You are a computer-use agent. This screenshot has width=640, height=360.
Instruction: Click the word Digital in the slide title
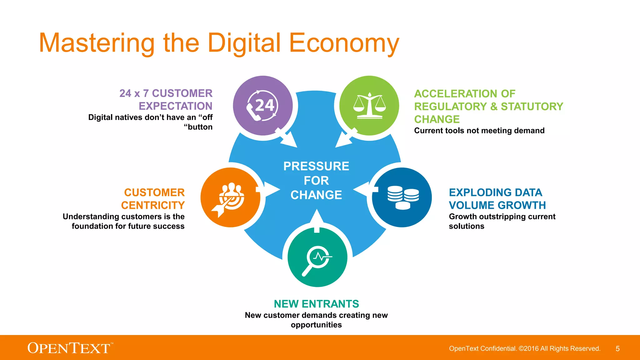click(x=244, y=43)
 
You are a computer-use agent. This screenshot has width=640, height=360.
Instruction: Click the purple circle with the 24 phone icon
click(x=262, y=106)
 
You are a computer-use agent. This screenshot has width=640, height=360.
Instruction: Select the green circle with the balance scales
click(x=369, y=106)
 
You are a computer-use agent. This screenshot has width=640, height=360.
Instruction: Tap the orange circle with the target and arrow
click(x=230, y=197)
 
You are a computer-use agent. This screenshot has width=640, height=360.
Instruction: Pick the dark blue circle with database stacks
click(x=402, y=197)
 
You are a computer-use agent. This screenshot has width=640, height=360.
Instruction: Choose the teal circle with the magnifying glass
click(x=317, y=257)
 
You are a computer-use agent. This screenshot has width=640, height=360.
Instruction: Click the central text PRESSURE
click(x=316, y=166)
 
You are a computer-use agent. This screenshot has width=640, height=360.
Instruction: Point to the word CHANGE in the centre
click(x=316, y=195)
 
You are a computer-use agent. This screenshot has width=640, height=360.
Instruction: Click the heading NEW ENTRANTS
click(x=316, y=304)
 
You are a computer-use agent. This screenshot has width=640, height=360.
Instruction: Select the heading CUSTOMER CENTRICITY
click(x=153, y=199)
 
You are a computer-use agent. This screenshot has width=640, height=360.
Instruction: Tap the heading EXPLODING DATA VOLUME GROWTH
click(x=497, y=199)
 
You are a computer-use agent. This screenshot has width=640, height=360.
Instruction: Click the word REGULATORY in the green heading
click(x=450, y=107)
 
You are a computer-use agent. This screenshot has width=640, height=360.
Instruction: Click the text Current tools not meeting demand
click(x=479, y=131)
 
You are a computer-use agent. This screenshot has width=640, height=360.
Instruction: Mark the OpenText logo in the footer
click(x=69, y=348)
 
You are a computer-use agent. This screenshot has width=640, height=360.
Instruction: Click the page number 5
click(x=617, y=349)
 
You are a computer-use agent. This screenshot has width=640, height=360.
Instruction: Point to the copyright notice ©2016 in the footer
click(x=528, y=349)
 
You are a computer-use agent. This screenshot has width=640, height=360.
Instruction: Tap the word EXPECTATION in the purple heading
click(x=175, y=106)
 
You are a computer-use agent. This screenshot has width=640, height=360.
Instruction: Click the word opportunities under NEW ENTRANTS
click(x=316, y=325)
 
